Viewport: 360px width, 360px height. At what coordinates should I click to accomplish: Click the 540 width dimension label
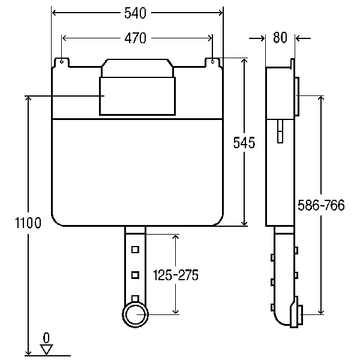pyautogui.click(x=135, y=13)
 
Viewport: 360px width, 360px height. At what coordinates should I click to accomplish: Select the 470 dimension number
pyautogui.click(x=136, y=38)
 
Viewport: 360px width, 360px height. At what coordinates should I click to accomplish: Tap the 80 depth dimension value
pyautogui.click(x=280, y=37)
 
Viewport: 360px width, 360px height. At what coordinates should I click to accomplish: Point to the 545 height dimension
pyautogui.click(x=244, y=142)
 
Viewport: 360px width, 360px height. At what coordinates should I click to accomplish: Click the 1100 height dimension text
pyautogui.click(x=28, y=223)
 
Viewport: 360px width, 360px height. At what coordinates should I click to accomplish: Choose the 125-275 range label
pyautogui.click(x=176, y=275)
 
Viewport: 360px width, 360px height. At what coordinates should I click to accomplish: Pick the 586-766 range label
pyautogui.click(x=321, y=205)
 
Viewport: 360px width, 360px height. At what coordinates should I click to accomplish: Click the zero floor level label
pyautogui.click(x=46, y=338)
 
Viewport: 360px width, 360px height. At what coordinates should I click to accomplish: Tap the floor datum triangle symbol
pyautogui.click(x=47, y=349)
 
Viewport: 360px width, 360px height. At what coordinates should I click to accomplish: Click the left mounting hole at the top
pyautogui.click(x=62, y=62)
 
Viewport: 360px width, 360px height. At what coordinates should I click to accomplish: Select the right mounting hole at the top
pyautogui.click(x=212, y=62)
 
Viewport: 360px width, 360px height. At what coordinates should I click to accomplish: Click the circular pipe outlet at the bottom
pyautogui.click(x=135, y=314)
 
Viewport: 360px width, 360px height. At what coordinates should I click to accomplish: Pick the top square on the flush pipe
pyautogui.click(x=135, y=250)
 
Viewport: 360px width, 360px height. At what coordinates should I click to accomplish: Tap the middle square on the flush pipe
pyautogui.click(x=135, y=275)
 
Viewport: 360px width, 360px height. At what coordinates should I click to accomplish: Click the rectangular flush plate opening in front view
pyautogui.click(x=137, y=96)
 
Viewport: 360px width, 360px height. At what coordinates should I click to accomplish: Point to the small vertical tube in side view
pyautogui.click(x=280, y=131)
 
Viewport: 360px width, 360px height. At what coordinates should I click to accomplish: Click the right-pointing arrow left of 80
pyautogui.click(x=257, y=38)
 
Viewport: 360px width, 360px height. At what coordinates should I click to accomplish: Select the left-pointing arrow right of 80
pyautogui.click(x=303, y=38)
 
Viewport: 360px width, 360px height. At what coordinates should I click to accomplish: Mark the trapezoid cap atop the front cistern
pyautogui.click(x=137, y=68)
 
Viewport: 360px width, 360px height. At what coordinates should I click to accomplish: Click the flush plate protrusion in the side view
pyautogui.click(x=296, y=97)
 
